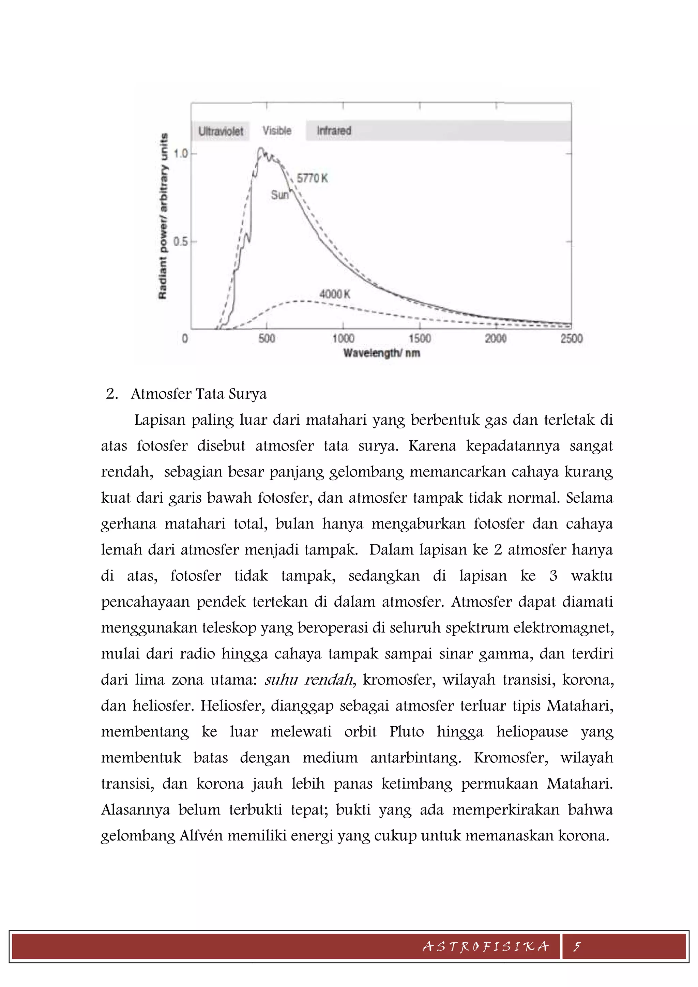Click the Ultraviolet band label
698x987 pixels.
coord(221,131)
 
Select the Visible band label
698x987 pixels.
coord(277,131)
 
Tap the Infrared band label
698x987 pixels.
coord(334,131)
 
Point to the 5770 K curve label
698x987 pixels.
coord(313,178)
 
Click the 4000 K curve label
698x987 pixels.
coord(335,294)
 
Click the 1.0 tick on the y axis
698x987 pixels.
coord(181,153)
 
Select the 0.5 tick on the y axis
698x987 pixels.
coord(181,242)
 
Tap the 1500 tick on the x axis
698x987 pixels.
coord(420,338)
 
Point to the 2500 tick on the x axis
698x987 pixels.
coord(571,338)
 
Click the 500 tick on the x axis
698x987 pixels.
coord(267,338)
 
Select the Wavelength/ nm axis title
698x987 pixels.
coord(381,353)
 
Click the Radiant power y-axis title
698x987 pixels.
coord(163,216)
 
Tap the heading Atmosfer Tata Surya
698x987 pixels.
coord(199,394)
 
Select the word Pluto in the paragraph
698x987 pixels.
coord(407,732)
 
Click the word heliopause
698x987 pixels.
coord(532,732)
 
